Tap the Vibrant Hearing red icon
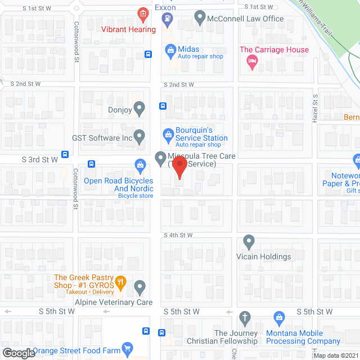143,13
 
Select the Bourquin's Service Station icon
167,134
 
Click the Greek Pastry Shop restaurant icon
120,282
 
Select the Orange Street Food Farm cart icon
127,348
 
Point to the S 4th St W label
178,235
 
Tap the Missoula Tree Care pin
160,157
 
